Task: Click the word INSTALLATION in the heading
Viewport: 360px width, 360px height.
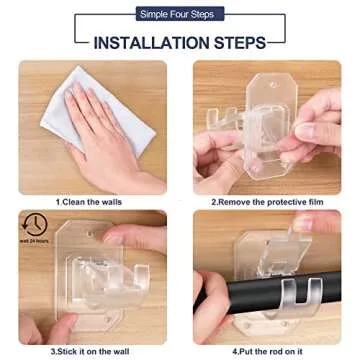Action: (149, 43)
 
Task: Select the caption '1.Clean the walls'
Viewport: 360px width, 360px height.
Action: (90, 201)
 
